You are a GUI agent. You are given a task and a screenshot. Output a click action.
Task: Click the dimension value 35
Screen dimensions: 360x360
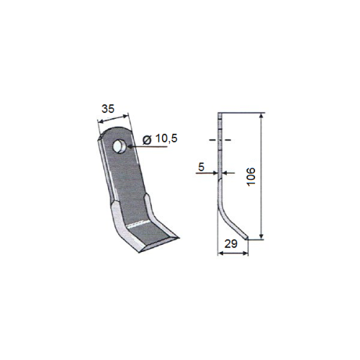pyautogui.click(x=108, y=109)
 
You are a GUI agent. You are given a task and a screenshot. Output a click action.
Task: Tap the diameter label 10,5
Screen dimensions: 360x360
pyautogui.click(x=166, y=138)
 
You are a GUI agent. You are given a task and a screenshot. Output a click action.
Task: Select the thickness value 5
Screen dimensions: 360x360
pyautogui.click(x=201, y=167)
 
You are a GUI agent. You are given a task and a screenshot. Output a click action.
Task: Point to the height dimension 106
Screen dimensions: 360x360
pyautogui.click(x=251, y=176)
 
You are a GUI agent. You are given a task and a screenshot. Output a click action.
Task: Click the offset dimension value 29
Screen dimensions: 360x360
pyautogui.click(x=231, y=244)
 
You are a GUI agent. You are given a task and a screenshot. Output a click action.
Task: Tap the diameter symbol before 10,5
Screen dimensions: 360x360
pyautogui.click(x=147, y=140)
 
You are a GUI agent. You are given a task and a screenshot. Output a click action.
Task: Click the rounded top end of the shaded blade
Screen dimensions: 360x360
pyautogui.click(x=115, y=130)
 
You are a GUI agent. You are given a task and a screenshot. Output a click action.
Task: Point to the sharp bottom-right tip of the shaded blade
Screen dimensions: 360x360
pyautogui.click(x=178, y=238)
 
